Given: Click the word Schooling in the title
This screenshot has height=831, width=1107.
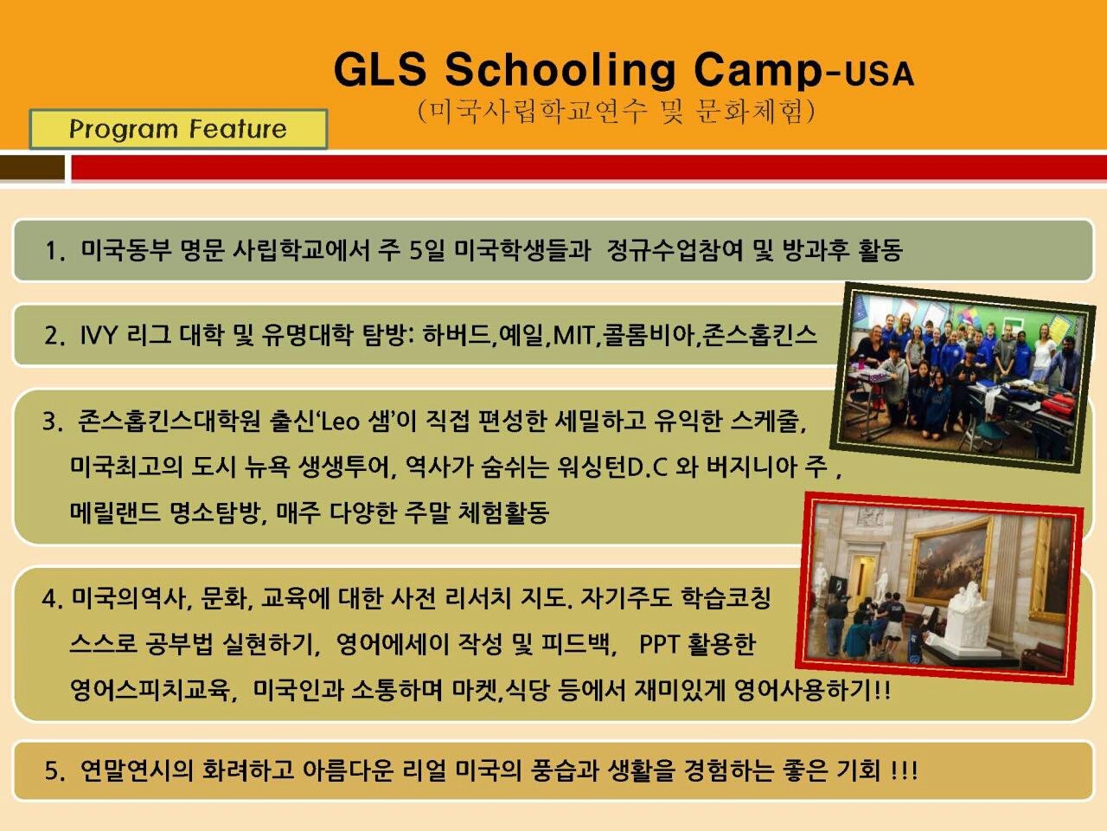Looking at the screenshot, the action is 560,71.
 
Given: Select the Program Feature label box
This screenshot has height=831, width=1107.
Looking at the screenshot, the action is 178,129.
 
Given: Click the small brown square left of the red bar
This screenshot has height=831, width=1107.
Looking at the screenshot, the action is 32,167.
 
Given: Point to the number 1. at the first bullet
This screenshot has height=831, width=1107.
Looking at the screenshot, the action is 55,250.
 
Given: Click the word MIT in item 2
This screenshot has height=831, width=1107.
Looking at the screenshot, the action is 574,335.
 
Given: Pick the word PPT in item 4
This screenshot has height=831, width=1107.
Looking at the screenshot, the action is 659,644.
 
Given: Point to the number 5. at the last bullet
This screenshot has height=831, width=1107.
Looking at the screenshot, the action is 55,771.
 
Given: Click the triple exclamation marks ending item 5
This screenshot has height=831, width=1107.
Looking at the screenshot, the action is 905,771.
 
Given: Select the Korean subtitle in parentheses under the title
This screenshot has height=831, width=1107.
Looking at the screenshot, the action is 617,112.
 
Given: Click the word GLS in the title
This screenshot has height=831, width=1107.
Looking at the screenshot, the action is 381,69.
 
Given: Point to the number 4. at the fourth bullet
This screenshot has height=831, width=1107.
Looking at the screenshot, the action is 53,600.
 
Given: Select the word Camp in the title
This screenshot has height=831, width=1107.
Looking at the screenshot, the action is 758,71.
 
